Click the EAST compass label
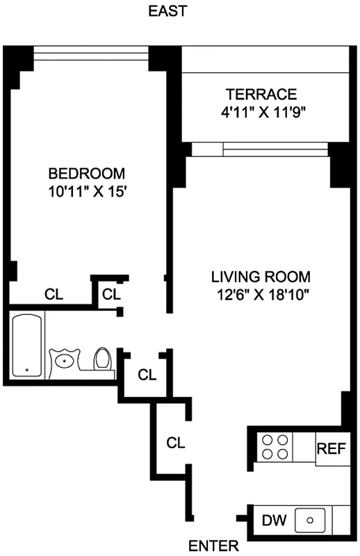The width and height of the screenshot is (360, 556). click(x=167, y=11)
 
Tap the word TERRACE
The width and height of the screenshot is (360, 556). click(x=261, y=95)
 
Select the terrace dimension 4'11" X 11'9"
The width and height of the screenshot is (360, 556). click(x=261, y=111)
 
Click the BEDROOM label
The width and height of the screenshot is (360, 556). click(x=86, y=173)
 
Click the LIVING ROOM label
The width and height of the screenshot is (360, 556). click(x=261, y=277)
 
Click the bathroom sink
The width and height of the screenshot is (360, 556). click(x=66, y=360)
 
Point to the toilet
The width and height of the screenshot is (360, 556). click(x=103, y=359)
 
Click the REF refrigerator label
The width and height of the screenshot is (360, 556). click(x=331, y=447)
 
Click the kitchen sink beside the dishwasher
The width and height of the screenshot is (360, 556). click(x=313, y=519)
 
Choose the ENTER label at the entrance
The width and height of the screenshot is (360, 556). click(x=213, y=546)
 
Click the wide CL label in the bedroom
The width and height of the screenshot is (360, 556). click(x=54, y=294)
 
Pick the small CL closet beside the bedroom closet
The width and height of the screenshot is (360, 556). click(x=111, y=294)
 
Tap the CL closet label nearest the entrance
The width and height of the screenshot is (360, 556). click(x=174, y=442)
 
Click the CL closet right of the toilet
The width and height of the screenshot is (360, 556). click(x=147, y=375)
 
